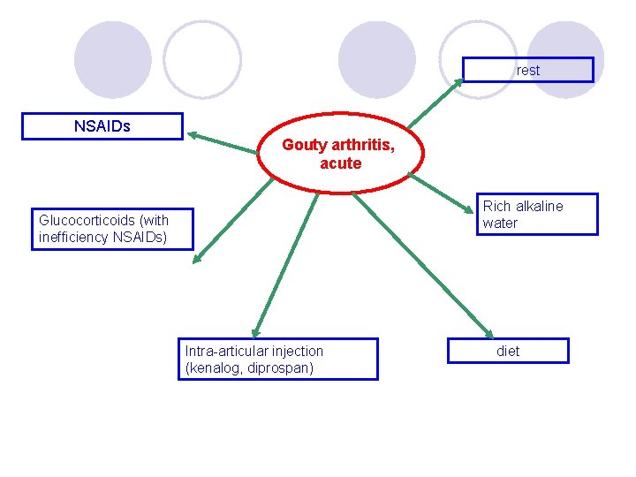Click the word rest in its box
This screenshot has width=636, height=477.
(528, 70)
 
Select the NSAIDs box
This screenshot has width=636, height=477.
(102, 126)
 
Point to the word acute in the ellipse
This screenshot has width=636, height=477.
(341, 163)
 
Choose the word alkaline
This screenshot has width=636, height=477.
(536, 206)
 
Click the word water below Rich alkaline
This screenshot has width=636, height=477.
(500, 223)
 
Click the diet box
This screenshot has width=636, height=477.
(508, 351)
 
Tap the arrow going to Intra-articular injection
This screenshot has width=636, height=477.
(284, 264)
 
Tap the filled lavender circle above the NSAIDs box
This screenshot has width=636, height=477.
(112, 59)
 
